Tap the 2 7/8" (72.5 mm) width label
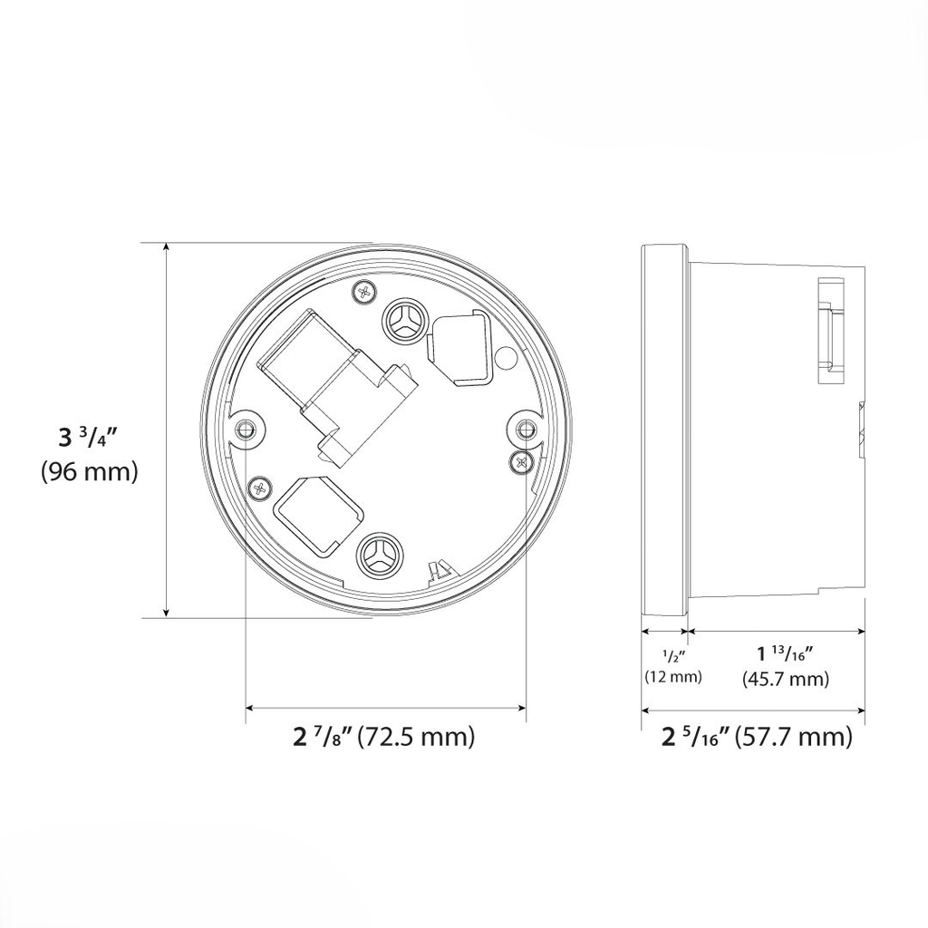384,737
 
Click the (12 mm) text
673,677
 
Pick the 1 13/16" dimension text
785,653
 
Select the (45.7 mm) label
785,679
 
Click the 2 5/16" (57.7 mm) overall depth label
758,737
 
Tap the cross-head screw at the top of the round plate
365,292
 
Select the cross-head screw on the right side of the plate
522,461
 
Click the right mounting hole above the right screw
525,429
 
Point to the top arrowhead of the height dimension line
167,248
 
